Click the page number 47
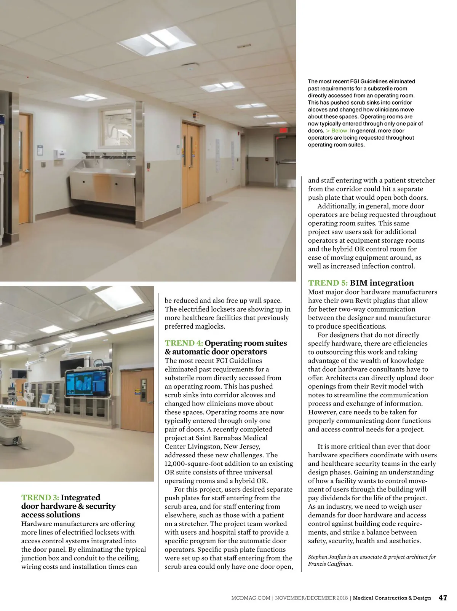point(443,598)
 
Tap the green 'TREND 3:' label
point(40,498)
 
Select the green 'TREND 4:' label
point(184,343)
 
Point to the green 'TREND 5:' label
point(328,283)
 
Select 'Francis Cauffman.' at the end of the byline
point(330,564)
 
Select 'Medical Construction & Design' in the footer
point(392,598)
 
